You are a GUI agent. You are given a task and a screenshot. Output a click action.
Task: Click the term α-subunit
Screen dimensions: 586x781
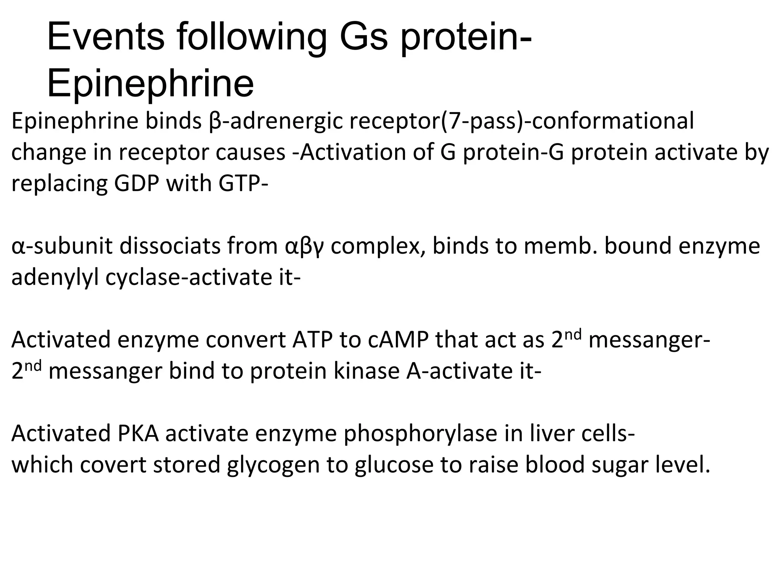[x=62, y=246]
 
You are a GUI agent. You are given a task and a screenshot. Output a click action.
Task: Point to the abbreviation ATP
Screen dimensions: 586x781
[x=312, y=340]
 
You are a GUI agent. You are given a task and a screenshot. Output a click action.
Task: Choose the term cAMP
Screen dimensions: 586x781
[x=399, y=340]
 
